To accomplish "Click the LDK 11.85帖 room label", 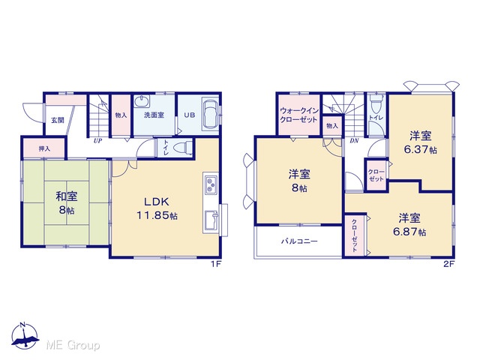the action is [x=157, y=208].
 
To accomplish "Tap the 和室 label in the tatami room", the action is [x=67, y=196].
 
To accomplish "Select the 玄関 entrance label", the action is [x=58, y=120].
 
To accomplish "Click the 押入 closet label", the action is [x=44, y=148].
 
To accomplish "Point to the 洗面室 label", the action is [x=154, y=115].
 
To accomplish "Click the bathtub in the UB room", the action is [x=211, y=114].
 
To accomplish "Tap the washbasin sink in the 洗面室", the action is [x=142, y=101].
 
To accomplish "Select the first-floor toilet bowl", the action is [x=183, y=148].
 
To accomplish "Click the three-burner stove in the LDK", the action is [x=211, y=184].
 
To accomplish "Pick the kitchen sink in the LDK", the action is [x=211, y=220].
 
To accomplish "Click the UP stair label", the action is [x=97, y=141].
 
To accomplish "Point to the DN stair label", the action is [x=354, y=141].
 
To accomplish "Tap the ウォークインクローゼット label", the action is [x=299, y=115].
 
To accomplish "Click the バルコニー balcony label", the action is [x=299, y=241].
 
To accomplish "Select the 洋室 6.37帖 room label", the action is [x=420, y=142].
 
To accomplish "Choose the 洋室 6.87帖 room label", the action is [x=409, y=224].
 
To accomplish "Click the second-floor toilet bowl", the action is [x=376, y=103].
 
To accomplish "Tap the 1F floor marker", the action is [x=215, y=264].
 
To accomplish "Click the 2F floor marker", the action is [x=448, y=264].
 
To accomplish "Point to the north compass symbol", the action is [x=25, y=336].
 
